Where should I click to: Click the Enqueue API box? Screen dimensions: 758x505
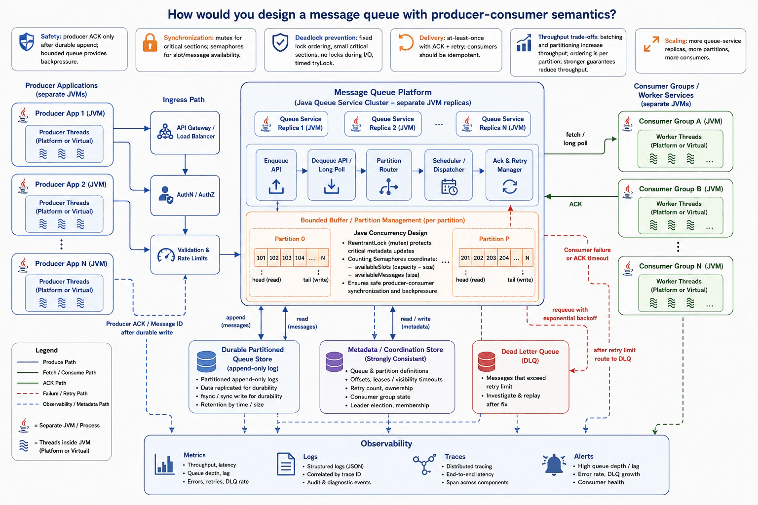click(x=276, y=175)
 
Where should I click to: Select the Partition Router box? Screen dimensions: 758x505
click(x=389, y=175)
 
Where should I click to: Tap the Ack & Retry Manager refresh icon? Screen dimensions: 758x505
click(x=510, y=186)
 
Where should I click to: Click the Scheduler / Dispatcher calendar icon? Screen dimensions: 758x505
click(x=450, y=187)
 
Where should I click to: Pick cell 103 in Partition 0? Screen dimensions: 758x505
click(x=287, y=258)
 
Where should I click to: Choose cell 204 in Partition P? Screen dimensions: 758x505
click(x=504, y=258)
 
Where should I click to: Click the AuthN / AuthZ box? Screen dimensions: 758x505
click(x=185, y=195)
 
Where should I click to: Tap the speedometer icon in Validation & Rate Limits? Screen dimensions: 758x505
click(x=166, y=255)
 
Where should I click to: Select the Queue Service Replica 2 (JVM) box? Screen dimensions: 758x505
click(x=383, y=124)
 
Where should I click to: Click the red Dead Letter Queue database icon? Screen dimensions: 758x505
click(x=486, y=361)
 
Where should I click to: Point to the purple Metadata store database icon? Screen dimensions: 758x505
click(x=334, y=361)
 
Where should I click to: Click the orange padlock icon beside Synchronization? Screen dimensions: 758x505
click(x=150, y=42)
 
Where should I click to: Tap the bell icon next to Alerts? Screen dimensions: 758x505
click(x=554, y=465)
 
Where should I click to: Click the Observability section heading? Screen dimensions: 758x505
click(x=386, y=443)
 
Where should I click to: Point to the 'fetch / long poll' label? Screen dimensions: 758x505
click(x=575, y=139)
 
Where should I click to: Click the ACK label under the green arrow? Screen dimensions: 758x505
click(x=575, y=204)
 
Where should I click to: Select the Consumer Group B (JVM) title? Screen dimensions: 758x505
click(x=681, y=189)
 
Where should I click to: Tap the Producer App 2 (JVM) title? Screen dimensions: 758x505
click(x=71, y=184)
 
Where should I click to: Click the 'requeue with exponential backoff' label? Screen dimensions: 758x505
click(x=570, y=314)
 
